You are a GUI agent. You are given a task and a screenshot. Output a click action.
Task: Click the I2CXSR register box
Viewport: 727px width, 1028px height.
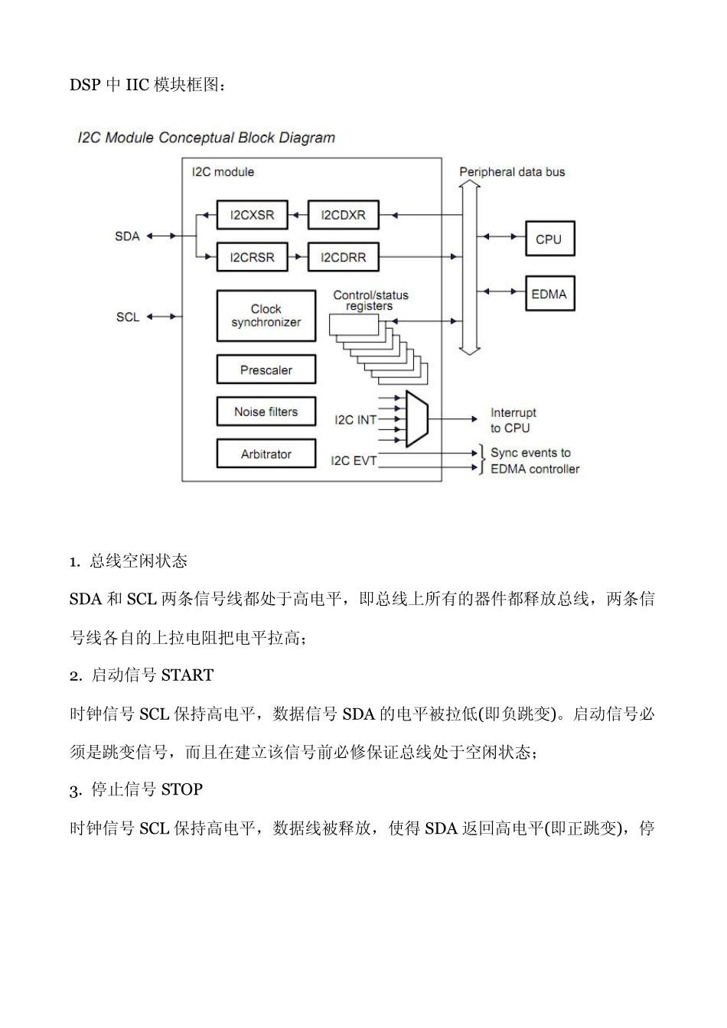(252, 215)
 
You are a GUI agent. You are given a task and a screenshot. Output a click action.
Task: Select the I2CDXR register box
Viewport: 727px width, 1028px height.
(343, 215)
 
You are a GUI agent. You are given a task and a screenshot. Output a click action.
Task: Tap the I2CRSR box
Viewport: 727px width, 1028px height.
(252, 258)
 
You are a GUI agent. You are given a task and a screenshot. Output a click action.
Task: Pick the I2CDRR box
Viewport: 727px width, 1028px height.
(343, 258)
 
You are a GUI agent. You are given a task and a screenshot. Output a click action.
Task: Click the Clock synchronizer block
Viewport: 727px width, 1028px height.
(266, 316)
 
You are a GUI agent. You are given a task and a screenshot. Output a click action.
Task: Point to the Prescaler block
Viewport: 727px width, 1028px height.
(266, 370)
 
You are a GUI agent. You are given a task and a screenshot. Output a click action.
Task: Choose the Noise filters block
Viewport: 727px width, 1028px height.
(266, 412)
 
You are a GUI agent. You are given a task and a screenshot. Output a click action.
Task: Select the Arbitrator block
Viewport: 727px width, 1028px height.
(266, 454)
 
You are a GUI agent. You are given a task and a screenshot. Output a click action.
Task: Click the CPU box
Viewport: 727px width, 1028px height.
(549, 239)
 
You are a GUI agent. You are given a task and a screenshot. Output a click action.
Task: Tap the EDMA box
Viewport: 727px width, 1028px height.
(549, 294)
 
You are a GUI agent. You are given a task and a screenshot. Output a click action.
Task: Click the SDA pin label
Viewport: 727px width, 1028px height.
(128, 236)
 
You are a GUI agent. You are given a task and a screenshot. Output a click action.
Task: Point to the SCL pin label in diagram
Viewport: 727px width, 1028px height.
(128, 317)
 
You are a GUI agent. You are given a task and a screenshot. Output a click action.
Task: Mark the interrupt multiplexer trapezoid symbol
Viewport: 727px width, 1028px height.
(416, 419)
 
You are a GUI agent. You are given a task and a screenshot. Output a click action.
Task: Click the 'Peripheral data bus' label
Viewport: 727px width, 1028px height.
(512, 172)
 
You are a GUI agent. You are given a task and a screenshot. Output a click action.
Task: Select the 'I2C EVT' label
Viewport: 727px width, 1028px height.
(354, 460)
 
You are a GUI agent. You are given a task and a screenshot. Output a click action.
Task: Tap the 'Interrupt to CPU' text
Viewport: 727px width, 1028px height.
(513, 421)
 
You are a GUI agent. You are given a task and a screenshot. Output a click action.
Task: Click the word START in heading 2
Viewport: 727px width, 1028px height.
(187, 675)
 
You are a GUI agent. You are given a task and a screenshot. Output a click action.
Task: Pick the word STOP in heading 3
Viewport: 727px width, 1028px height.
(182, 789)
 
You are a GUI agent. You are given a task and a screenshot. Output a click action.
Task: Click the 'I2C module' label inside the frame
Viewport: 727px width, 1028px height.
(223, 172)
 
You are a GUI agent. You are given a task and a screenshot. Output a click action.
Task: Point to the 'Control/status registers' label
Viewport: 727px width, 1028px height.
(370, 301)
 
